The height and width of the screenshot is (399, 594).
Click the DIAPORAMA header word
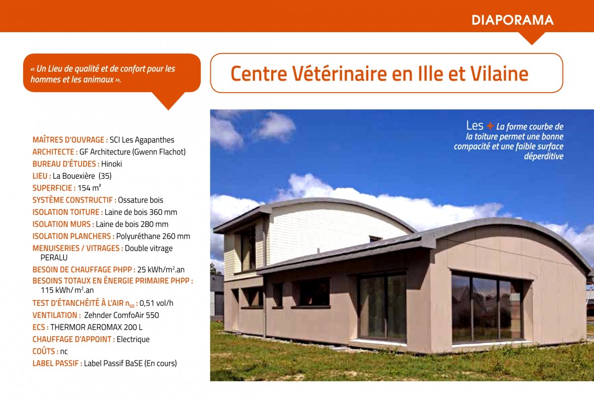512,20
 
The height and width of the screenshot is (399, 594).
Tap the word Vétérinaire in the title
340,73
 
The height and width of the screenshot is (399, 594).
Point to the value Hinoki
112,164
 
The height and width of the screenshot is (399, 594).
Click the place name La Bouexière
74,176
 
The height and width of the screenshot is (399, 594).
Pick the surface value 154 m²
89,188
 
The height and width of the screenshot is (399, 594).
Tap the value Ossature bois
141,200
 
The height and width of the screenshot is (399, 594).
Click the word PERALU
54,258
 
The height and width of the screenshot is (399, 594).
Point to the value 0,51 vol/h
156,303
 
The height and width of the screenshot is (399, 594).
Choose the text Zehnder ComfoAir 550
121,315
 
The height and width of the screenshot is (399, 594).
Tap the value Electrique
133,340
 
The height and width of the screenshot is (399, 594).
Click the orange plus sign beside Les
490,126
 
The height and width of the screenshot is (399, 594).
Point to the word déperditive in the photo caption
544,156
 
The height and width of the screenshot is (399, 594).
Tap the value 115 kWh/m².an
67,290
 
